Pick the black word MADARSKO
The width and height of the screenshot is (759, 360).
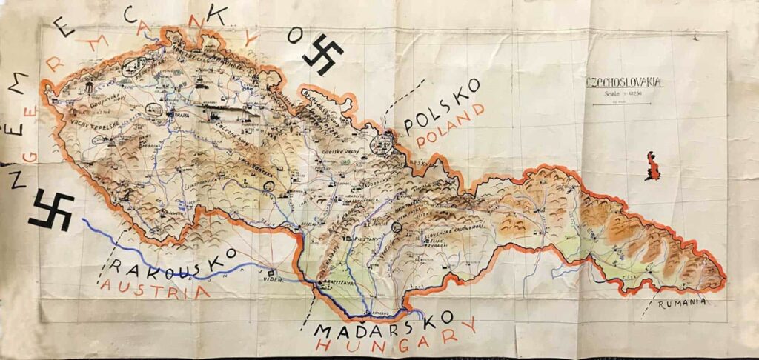click(x=383, y=324)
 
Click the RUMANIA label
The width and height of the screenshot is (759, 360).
click(x=680, y=301)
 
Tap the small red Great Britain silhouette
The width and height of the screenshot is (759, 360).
click(x=653, y=166)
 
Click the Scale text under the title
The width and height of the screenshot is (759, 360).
click(x=620, y=93)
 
